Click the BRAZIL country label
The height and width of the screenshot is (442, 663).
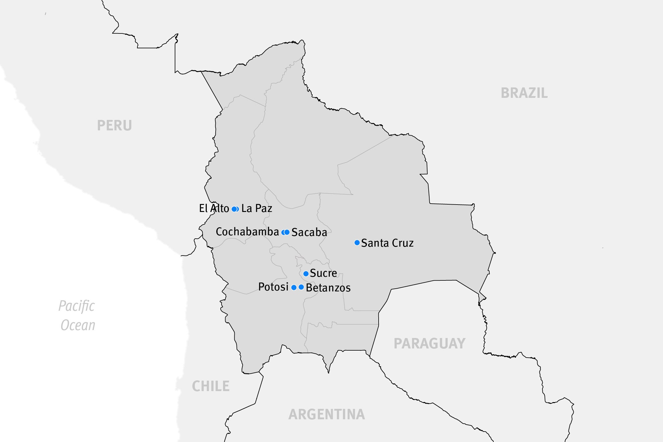524,93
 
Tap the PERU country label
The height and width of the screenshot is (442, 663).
114,125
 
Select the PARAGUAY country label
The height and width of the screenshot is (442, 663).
430,344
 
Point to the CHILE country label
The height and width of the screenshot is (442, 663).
211,386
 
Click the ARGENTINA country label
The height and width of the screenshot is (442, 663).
327,414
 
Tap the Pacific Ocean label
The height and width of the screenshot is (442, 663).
77,315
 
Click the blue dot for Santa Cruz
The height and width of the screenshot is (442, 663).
357,243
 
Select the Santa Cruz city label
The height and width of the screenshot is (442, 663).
387,243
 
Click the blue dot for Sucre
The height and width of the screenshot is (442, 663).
306,274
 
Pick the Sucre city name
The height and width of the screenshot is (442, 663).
323,273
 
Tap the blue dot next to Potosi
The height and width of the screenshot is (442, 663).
294,287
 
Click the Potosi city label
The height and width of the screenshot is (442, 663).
273,287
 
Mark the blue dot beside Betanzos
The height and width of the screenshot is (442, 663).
301,287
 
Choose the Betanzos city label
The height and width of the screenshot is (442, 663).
328,288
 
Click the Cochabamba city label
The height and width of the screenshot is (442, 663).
247,232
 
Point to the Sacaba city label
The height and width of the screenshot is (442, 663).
309,232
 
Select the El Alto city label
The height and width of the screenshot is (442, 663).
214,209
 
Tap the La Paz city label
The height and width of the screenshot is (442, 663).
257,209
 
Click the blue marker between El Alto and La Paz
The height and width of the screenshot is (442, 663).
235,209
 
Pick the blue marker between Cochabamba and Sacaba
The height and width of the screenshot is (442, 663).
286,232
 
